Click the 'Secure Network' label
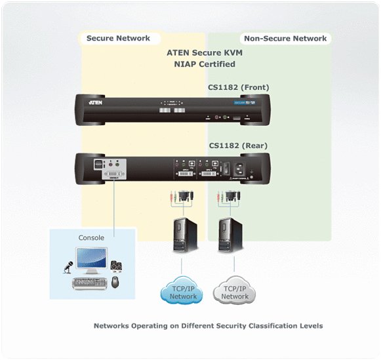[118, 39]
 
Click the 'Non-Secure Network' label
[285, 39]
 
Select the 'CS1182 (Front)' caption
[239, 87]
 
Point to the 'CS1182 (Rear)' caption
[237, 146]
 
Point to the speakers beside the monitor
[116, 266]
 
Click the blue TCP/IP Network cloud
[183, 292]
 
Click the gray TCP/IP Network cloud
[235, 292]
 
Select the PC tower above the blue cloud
[183, 236]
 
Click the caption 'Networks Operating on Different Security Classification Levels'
[208, 325]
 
